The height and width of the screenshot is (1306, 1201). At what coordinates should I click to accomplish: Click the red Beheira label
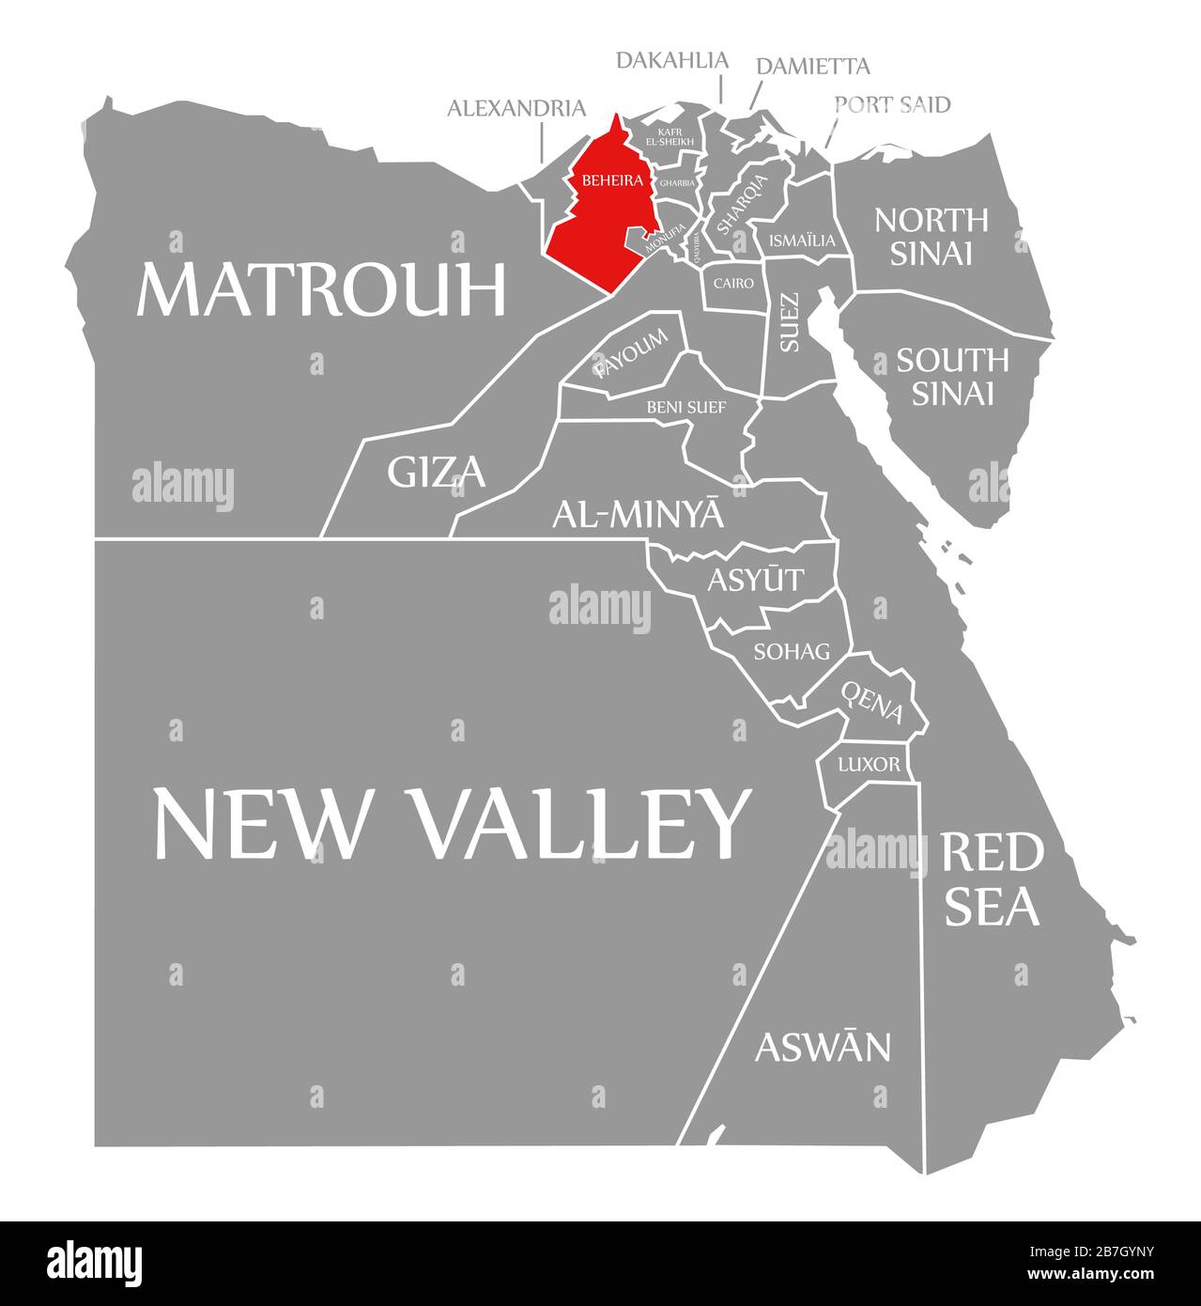[611, 179]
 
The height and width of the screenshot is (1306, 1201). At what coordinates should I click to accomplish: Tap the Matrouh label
[321, 290]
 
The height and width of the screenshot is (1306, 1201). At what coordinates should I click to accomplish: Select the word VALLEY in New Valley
[579, 823]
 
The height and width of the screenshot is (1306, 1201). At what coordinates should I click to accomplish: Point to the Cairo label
[733, 282]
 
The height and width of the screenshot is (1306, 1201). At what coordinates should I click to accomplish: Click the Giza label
[437, 472]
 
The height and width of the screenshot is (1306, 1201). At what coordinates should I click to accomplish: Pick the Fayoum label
[631, 354]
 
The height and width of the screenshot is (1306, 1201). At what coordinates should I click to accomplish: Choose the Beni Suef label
[685, 407]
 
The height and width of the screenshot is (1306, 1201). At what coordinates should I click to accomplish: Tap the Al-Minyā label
[639, 513]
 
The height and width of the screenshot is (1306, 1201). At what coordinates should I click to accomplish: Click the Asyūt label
[755, 580]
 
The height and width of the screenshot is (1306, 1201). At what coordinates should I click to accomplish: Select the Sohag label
[792, 651]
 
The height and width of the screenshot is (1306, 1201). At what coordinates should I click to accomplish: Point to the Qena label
[872, 703]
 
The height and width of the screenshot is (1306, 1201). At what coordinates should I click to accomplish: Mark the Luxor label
[869, 764]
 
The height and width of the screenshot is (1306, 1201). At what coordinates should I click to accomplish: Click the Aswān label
[823, 1046]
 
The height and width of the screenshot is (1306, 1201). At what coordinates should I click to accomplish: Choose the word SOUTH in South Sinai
[952, 360]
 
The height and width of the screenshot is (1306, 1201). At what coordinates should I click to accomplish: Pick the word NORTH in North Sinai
[931, 220]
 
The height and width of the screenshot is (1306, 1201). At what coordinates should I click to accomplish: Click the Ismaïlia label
[801, 241]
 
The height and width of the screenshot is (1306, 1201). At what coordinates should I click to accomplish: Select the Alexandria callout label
[516, 108]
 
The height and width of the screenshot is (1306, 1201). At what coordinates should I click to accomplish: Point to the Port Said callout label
[892, 103]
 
